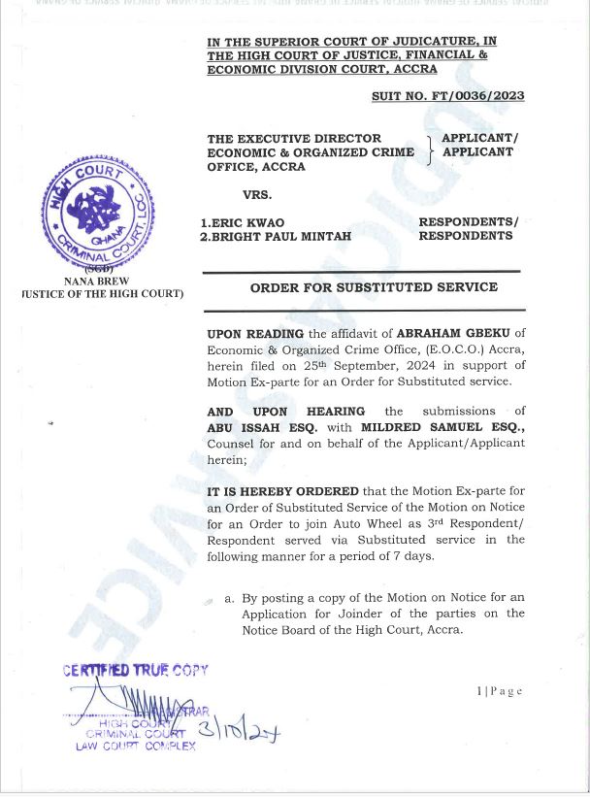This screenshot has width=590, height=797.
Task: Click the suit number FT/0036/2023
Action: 447,96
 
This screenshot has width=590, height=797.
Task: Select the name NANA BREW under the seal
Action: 97,282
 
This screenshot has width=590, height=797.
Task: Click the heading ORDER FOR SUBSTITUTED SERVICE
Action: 374,287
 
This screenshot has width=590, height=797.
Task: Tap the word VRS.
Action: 257,194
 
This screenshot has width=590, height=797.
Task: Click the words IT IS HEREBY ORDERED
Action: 283,491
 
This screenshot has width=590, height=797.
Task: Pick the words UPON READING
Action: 255,334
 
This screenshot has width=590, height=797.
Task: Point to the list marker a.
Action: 229,598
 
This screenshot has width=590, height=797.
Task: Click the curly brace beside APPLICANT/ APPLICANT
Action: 430,152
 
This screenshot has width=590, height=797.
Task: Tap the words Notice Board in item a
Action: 283,629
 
